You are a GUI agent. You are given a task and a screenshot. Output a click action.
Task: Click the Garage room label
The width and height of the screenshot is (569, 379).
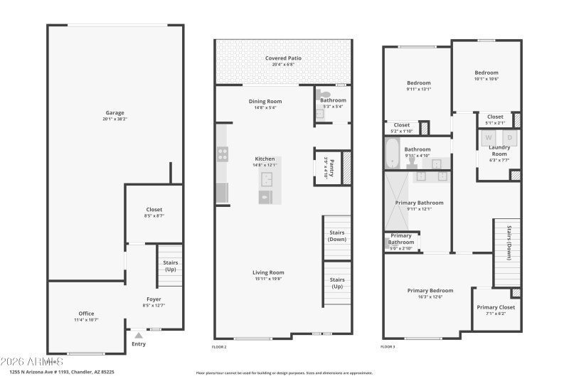[115, 112]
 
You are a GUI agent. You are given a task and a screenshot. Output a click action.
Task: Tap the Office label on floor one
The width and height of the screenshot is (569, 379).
[86, 313]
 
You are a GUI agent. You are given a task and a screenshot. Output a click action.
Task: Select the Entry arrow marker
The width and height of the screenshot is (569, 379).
[138, 335]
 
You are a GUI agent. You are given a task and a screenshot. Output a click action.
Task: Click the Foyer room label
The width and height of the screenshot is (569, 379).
[154, 299]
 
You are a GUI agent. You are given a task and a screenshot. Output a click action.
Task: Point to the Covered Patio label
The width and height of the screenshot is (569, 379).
[283, 58]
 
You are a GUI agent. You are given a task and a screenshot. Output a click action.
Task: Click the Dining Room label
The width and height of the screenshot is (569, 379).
[265, 101]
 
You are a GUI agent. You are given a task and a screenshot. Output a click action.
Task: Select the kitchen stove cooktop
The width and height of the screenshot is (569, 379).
[223, 153]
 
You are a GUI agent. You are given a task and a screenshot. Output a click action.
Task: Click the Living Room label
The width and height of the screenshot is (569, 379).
[268, 272]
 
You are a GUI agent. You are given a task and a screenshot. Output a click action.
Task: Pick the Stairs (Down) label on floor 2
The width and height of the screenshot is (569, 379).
[337, 236]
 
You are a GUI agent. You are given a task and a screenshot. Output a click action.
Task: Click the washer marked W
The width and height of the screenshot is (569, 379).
[489, 137]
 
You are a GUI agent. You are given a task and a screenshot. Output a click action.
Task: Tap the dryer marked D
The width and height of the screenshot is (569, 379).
[509, 137]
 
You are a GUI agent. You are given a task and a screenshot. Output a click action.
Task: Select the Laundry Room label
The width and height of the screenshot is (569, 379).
[499, 151]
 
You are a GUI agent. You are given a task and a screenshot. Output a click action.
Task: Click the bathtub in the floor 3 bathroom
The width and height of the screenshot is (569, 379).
[392, 151]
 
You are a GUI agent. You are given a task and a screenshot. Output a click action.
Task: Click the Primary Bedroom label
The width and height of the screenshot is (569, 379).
[430, 290]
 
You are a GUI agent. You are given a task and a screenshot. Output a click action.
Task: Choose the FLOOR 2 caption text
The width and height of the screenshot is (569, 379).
[219, 347]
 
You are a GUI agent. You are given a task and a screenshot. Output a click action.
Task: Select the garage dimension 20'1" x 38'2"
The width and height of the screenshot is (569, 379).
[115, 119]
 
